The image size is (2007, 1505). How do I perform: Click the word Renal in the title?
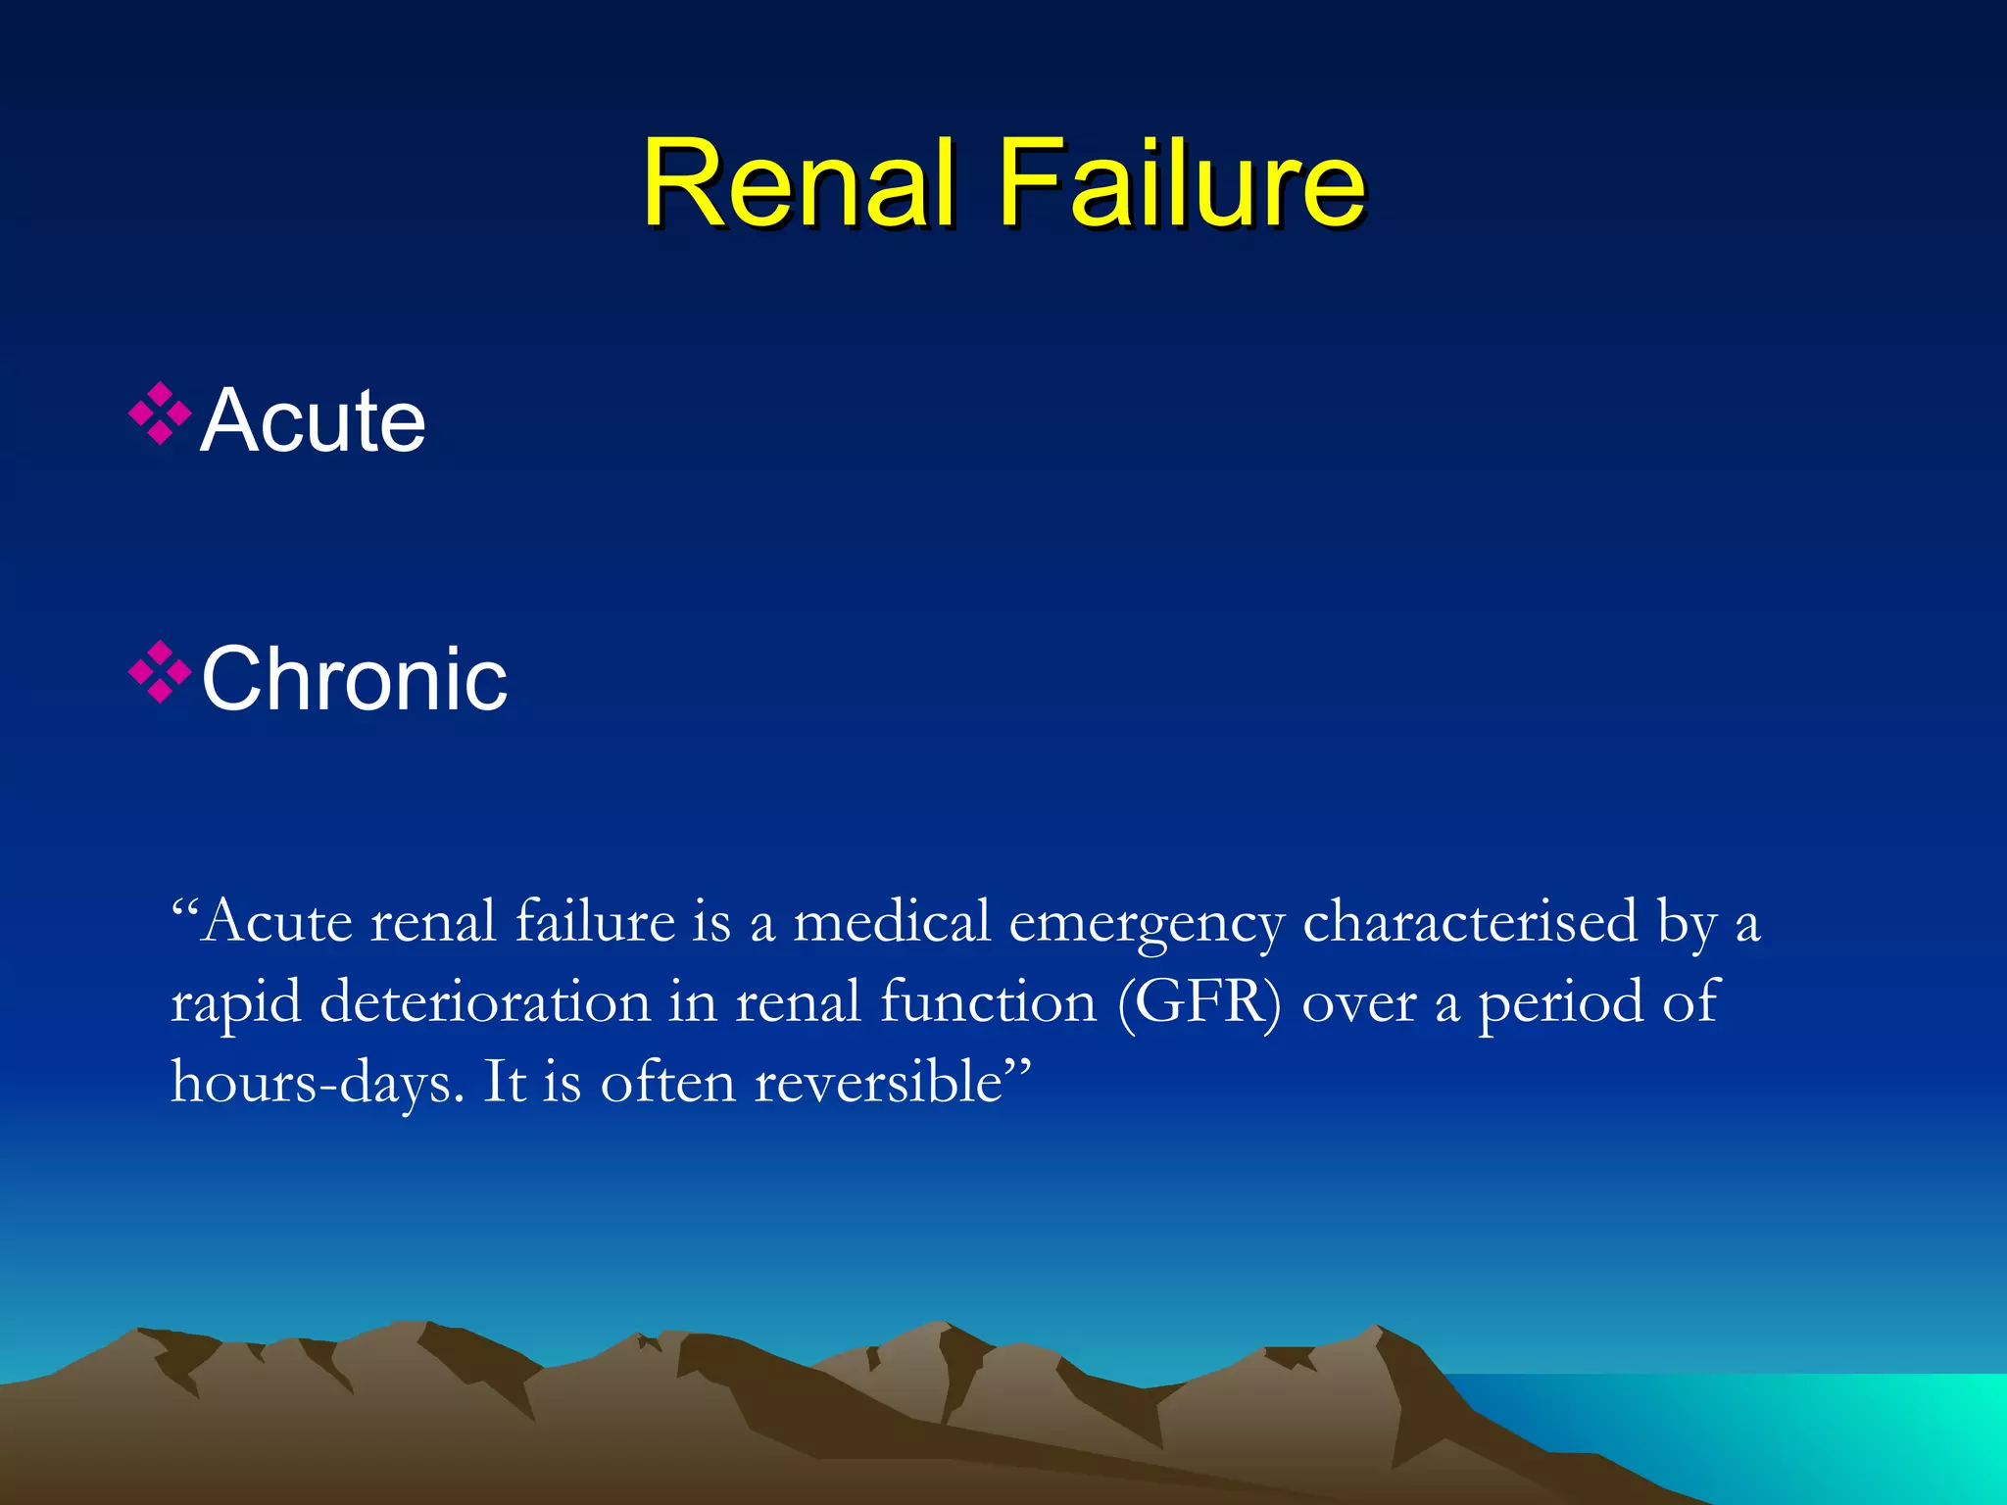[798, 183]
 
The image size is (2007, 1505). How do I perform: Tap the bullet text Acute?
[313, 421]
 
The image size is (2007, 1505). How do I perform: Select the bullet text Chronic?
[354, 679]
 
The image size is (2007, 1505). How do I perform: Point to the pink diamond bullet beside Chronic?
[159, 672]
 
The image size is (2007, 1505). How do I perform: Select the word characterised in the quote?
[1470, 923]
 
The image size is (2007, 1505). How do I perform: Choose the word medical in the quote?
[892, 923]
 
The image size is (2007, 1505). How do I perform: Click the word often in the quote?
[667, 1082]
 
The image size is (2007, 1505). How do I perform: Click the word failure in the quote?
[595, 923]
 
